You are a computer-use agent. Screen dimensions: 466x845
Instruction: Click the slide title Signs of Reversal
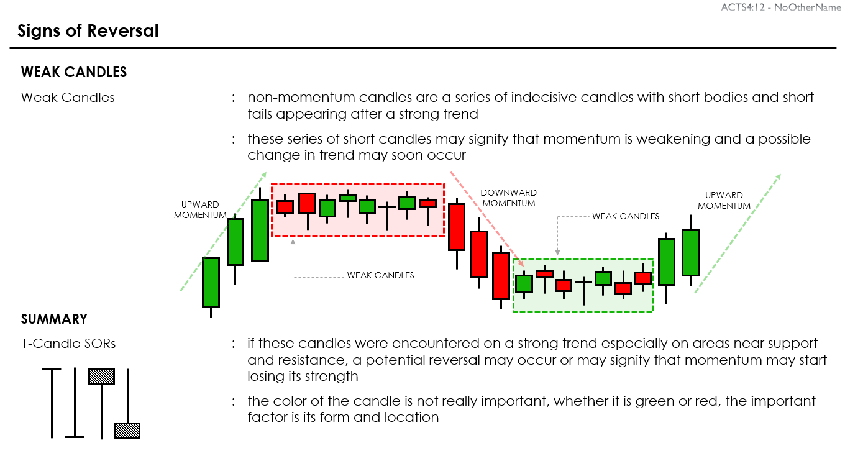click(88, 30)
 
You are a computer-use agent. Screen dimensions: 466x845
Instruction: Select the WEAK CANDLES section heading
click(74, 72)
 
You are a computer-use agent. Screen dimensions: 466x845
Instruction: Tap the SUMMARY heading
click(54, 319)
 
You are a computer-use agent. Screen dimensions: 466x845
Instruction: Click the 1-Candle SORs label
click(68, 343)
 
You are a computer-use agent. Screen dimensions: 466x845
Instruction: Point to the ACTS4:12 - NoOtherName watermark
click(780, 7)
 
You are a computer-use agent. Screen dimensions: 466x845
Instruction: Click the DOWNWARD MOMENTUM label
click(509, 198)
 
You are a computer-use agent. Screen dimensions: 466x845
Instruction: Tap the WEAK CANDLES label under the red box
click(380, 275)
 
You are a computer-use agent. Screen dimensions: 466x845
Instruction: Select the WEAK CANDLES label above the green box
click(626, 216)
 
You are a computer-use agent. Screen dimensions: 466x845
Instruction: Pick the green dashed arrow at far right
click(738, 234)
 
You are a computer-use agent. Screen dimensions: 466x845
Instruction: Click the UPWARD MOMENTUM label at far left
click(200, 209)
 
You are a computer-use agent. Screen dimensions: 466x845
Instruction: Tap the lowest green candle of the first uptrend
click(211, 283)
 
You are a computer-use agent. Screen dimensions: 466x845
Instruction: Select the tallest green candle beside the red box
click(260, 230)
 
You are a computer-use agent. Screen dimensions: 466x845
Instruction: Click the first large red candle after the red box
click(457, 227)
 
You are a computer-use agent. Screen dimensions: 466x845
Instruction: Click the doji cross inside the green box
click(583, 283)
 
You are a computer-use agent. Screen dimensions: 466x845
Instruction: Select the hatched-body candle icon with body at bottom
click(127, 429)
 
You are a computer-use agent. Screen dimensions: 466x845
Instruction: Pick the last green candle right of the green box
click(690, 252)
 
